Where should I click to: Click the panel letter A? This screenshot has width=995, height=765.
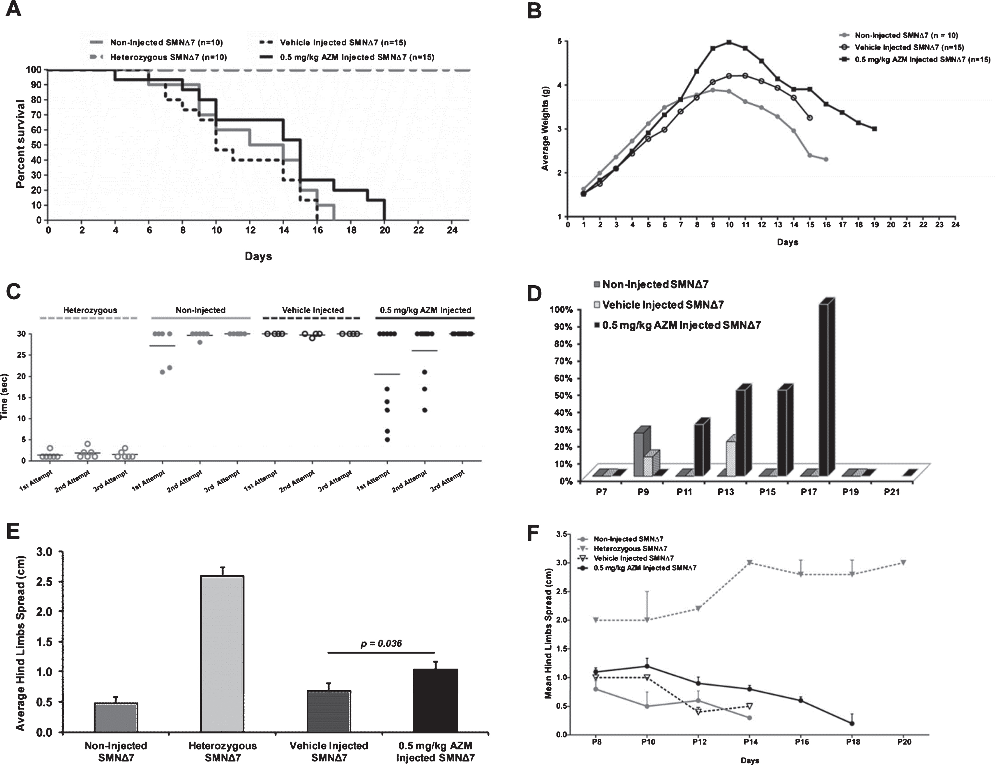click(13, 9)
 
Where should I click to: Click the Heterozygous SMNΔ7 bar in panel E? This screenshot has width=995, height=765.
click(222, 654)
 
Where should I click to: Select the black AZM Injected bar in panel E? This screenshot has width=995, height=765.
click(435, 700)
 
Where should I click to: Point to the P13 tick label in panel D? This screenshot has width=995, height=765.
click(726, 492)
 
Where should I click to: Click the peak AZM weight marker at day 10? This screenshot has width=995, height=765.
click(730, 42)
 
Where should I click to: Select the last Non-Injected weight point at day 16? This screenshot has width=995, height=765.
click(826, 159)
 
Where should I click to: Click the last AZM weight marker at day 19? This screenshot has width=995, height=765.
click(875, 129)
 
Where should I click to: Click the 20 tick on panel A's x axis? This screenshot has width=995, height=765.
click(385, 230)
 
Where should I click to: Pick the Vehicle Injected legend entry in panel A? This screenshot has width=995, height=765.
click(332, 42)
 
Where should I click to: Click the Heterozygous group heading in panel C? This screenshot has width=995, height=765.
click(90, 310)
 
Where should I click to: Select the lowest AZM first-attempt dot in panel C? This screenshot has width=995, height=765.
click(387, 440)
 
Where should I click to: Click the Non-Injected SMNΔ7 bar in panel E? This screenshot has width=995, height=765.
click(116, 718)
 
